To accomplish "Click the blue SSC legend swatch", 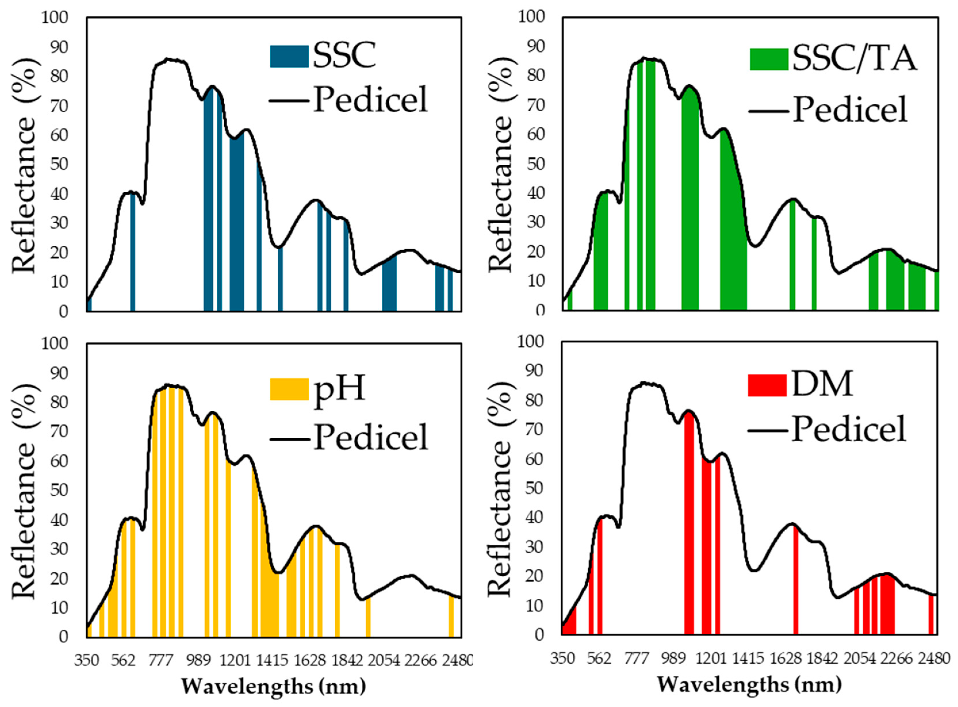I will [289, 57].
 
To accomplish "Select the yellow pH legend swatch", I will [289, 389].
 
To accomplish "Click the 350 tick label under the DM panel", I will [562, 658].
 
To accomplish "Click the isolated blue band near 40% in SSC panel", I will [133, 253].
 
